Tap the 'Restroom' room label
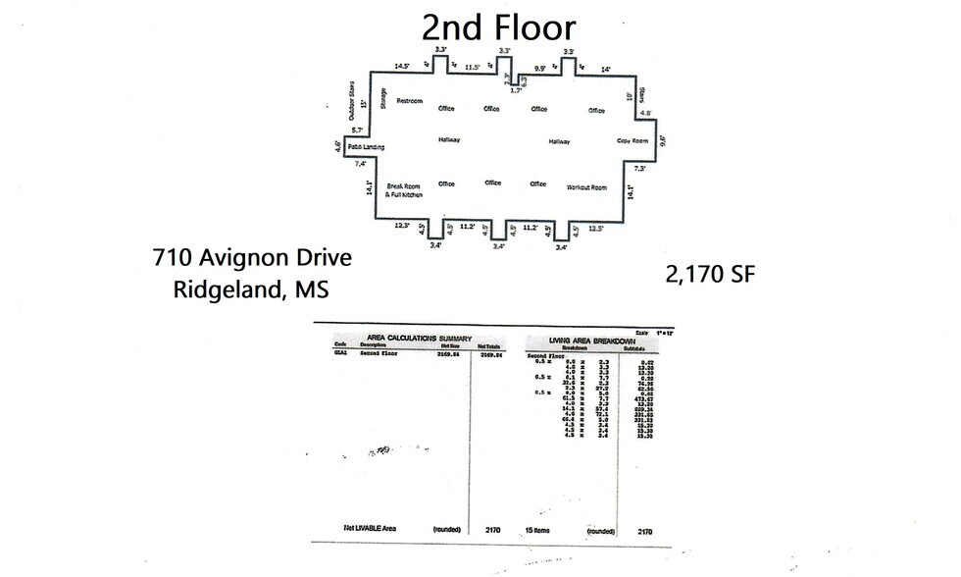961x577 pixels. click(409, 101)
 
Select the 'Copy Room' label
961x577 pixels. click(632, 140)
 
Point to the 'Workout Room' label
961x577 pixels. click(586, 186)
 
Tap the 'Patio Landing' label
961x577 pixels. click(365, 147)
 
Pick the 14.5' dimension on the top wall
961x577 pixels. click(402, 66)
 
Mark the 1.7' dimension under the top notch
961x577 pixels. click(516, 89)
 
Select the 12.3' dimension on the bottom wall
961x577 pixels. click(401, 227)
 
